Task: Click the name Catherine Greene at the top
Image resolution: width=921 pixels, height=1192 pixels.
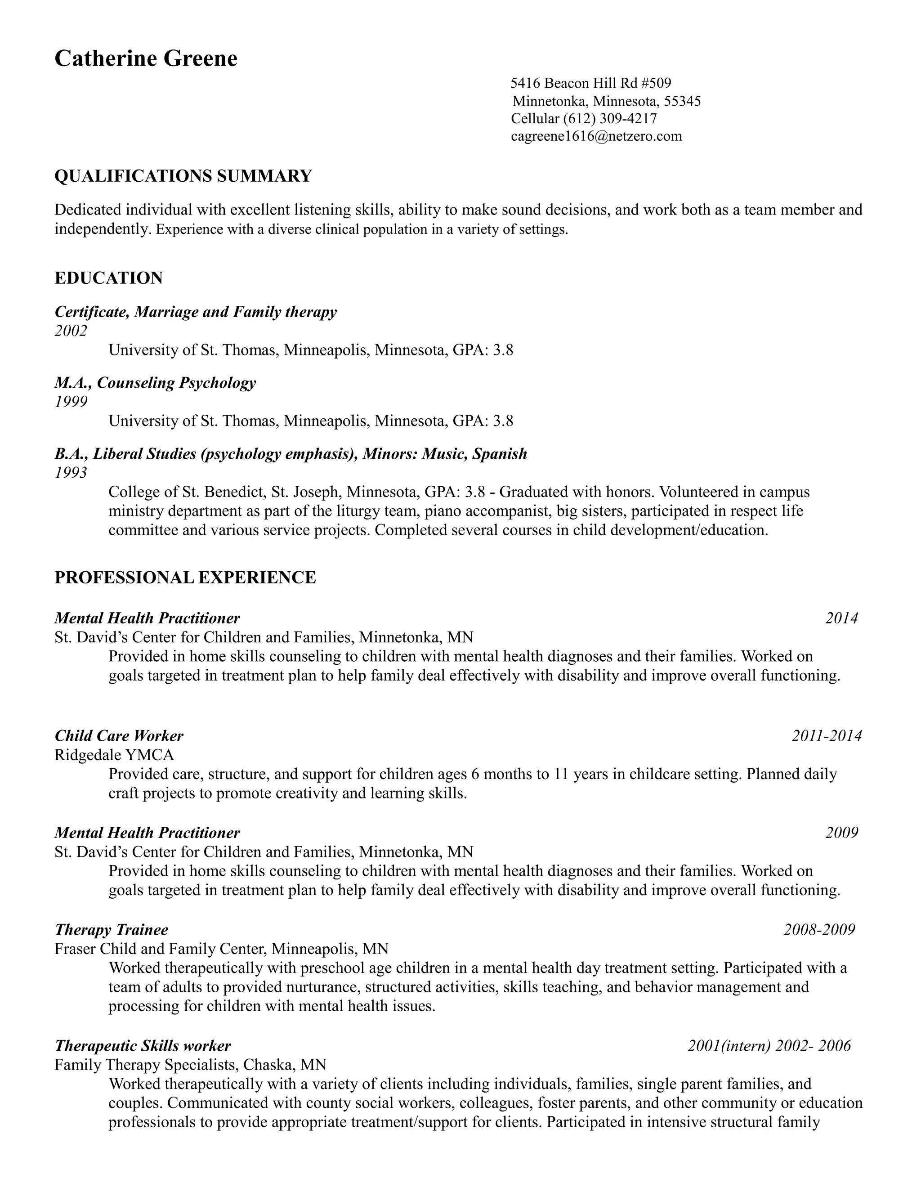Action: [x=146, y=58]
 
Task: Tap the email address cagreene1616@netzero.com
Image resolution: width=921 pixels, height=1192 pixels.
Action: [x=596, y=136]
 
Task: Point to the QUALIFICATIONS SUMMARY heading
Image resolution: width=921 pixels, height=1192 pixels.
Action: [x=183, y=176]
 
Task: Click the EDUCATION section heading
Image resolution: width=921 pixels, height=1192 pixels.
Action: [x=108, y=278]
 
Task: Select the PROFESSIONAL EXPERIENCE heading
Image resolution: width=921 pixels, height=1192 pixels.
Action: [x=185, y=578]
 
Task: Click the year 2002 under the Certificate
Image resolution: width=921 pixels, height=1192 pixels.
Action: [x=71, y=331]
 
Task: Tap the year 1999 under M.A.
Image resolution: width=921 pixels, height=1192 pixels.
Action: [x=71, y=402]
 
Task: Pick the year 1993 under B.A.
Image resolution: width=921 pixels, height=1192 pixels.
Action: [x=71, y=473]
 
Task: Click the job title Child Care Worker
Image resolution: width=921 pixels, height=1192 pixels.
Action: [x=119, y=736]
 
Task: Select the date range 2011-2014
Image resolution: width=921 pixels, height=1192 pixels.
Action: [x=827, y=736]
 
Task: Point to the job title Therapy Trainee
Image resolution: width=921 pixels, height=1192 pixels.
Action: [x=112, y=929]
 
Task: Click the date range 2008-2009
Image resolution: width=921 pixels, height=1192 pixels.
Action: [x=819, y=929]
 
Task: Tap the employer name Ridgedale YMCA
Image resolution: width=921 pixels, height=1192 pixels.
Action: [x=114, y=755]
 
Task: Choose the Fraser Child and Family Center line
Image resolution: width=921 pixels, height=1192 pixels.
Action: [x=221, y=949]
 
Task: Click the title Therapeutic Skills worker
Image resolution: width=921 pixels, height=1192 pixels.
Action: [x=143, y=1046]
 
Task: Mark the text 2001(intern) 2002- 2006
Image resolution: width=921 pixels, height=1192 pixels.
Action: [x=769, y=1046]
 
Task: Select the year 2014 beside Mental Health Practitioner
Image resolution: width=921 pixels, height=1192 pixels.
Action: [x=841, y=618]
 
